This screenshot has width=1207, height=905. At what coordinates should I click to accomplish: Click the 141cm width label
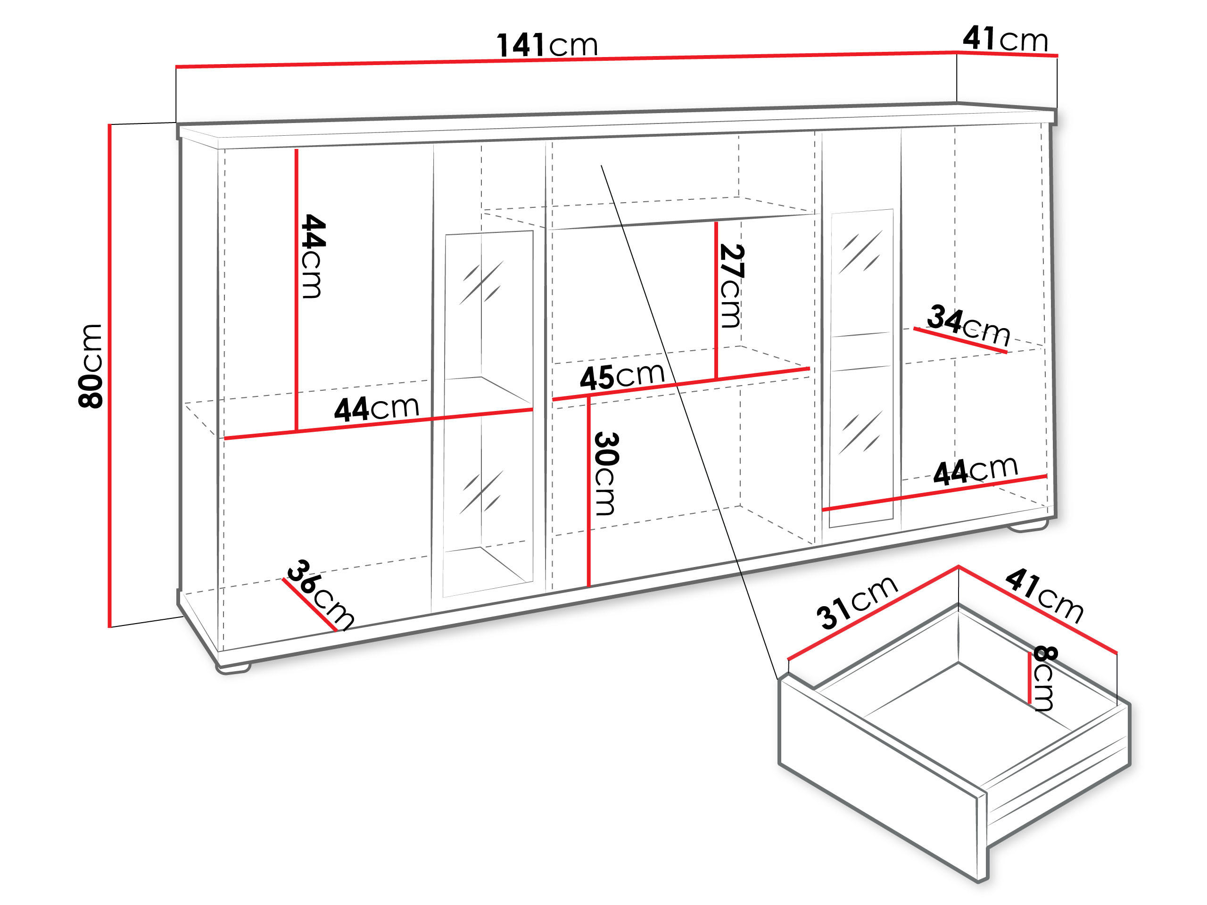click(x=547, y=45)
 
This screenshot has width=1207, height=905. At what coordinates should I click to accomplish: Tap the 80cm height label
click(x=91, y=366)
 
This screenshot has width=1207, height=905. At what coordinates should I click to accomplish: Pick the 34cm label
click(x=968, y=325)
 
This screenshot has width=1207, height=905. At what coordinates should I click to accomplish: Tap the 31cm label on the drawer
click(x=857, y=602)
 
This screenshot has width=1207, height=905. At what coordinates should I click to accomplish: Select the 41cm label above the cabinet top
click(x=1005, y=39)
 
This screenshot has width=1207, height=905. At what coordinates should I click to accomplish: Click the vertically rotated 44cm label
click(x=313, y=256)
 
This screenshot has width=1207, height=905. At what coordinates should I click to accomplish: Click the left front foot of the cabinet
click(x=233, y=668)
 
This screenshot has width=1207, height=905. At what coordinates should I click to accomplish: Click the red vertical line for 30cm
click(x=589, y=491)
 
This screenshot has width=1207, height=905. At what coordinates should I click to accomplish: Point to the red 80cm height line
click(x=110, y=377)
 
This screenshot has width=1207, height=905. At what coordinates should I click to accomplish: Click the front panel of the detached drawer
click(x=878, y=774)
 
